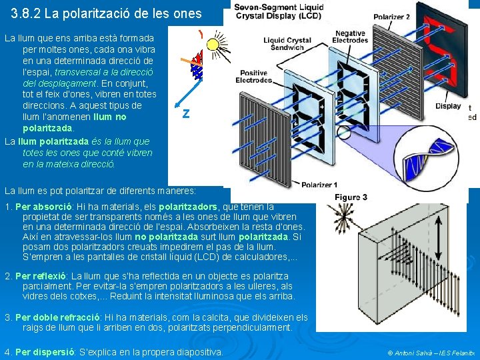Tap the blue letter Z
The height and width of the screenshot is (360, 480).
(186, 114)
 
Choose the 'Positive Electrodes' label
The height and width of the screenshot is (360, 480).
(254, 76)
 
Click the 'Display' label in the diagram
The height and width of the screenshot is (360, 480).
(448, 106)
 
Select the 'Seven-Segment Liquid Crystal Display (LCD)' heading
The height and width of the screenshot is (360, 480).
(278, 11)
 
